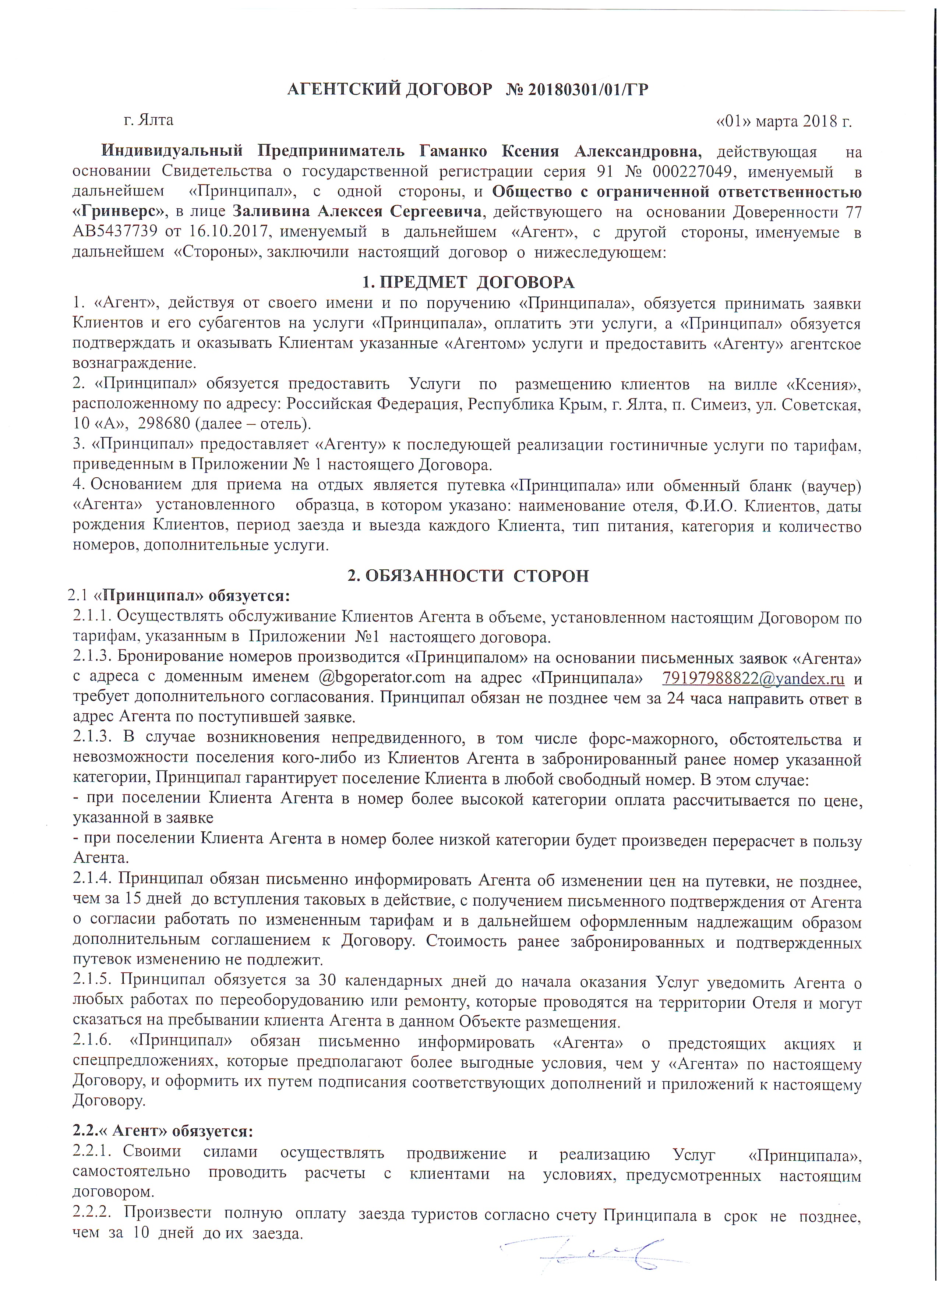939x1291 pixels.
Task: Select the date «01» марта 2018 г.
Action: click(x=784, y=121)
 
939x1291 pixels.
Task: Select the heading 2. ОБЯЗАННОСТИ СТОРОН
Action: click(x=468, y=576)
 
